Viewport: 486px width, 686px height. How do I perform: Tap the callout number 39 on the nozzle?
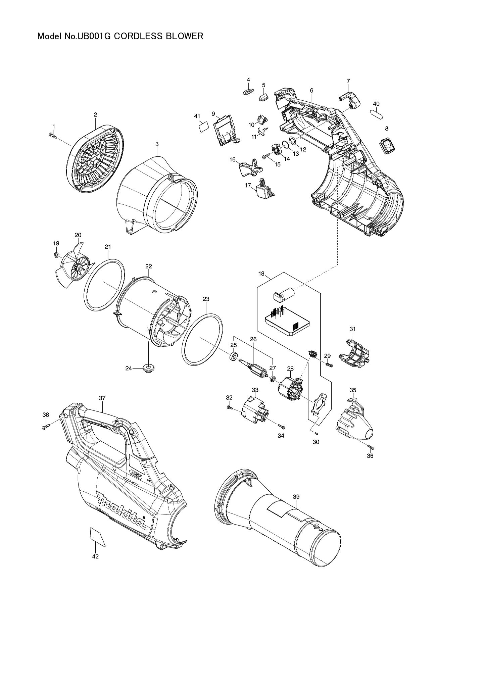[x=296, y=496]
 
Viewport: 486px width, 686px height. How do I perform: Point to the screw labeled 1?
[x=52, y=135]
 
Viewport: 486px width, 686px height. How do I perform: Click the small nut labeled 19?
[x=56, y=255]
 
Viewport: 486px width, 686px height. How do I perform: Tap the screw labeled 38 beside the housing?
[x=46, y=427]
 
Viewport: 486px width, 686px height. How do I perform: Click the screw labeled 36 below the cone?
[x=370, y=447]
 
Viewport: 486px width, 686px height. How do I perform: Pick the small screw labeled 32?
[x=229, y=407]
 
